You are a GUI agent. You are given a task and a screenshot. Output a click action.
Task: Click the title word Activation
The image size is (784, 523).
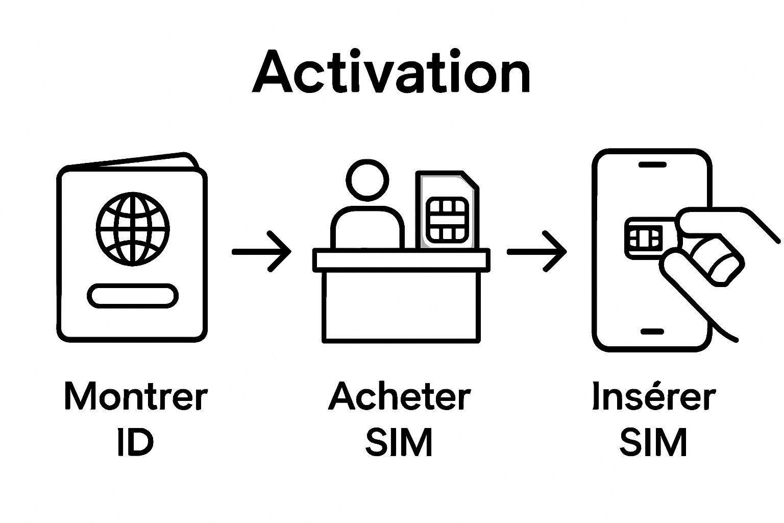pyautogui.click(x=391, y=73)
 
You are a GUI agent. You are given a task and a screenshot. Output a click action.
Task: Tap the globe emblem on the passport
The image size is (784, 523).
pyautogui.click(x=133, y=229)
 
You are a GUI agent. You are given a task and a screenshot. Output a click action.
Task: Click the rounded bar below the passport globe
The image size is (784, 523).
pyautogui.click(x=133, y=296)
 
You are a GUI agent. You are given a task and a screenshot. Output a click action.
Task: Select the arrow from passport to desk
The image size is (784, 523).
pyautogui.click(x=261, y=251)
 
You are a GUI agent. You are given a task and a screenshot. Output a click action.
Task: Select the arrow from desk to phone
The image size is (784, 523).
pyautogui.click(x=537, y=251)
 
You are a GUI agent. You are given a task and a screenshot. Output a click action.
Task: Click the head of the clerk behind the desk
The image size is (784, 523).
pyautogui.click(x=367, y=180)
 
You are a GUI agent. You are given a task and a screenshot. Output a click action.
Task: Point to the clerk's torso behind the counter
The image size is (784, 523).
pyautogui.click(x=367, y=228)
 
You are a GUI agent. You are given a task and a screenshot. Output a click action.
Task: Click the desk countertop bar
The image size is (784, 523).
pyautogui.click(x=401, y=259)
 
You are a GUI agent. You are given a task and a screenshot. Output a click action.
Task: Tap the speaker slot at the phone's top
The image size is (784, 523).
pyautogui.click(x=652, y=165)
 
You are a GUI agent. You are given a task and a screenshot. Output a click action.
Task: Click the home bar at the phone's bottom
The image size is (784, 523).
pyautogui.click(x=652, y=331)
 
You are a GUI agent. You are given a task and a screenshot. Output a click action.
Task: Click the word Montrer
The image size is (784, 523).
pyautogui.click(x=136, y=396)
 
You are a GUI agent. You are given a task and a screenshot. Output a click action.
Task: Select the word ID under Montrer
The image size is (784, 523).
pyautogui.click(x=135, y=442)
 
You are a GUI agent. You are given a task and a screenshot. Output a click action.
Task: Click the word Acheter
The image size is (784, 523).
pyautogui.click(x=399, y=396)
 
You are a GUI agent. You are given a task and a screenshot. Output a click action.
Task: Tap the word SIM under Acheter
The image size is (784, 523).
pyautogui.click(x=399, y=442)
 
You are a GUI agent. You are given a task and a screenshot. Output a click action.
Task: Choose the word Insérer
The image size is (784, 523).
pyautogui.click(x=653, y=396)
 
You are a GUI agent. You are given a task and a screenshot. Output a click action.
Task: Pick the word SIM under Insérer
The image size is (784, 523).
pyautogui.click(x=653, y=442)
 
